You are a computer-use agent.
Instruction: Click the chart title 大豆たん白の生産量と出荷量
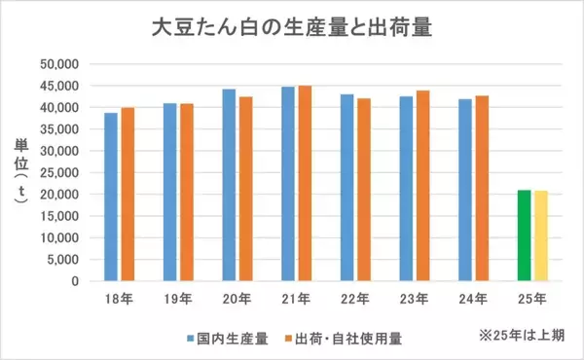tap(292, 27)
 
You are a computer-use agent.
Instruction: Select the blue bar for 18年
tap(111, 198)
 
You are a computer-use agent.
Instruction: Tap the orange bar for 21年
tap(305, 183)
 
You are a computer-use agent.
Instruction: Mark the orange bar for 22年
tap(364, 190)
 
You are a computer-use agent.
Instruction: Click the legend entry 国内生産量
tap(232, 338)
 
